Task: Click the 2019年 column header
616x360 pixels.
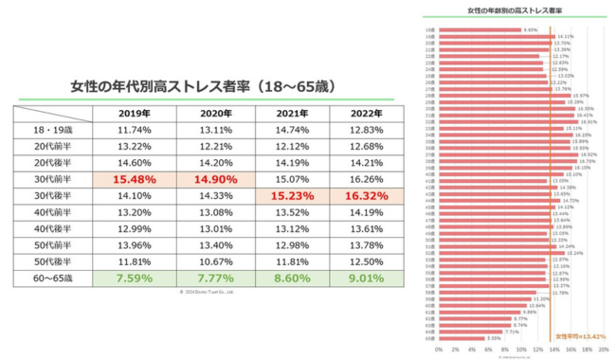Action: pos(134,113)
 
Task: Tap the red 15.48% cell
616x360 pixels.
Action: pos(134,178)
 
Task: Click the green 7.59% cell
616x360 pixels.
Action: pos(134,279)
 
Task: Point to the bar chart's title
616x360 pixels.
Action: pos(515,10)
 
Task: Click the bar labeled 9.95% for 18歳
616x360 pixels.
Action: pos(480,29)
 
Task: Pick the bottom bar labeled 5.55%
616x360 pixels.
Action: pos(461,338)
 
